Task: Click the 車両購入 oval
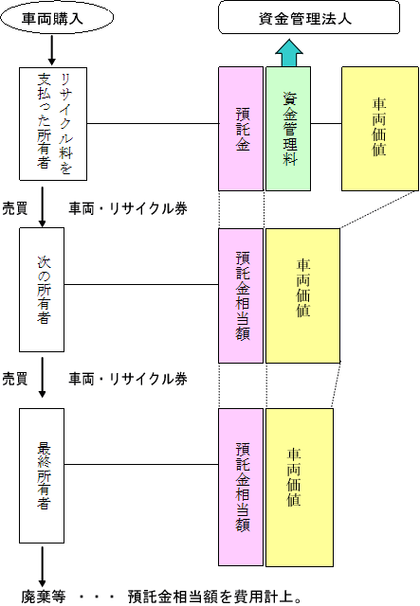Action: pos(57,18)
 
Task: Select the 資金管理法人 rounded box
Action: pos(309,17)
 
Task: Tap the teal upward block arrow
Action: pos(289,53)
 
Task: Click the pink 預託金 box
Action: pos(241,129)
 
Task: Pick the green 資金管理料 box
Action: pos(288,129)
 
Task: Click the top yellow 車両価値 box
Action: pos(380,129)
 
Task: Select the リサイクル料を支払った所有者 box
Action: pos(53,124)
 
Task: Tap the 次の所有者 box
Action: pos(42,290)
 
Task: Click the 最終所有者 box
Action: pos(42,475)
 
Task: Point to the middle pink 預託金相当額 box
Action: pos(241,295)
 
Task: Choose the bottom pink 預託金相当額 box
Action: pos(241,488)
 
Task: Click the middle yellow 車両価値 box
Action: pos(302,295)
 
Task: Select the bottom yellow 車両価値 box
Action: pos(300,488)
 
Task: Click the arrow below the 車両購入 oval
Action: pos(52,50)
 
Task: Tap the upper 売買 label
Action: pos(15,208)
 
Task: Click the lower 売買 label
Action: pos(15,379)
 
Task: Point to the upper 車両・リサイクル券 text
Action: pos(128,208)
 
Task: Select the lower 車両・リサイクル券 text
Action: pos(128,379)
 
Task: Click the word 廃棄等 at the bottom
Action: pos(44,597)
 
